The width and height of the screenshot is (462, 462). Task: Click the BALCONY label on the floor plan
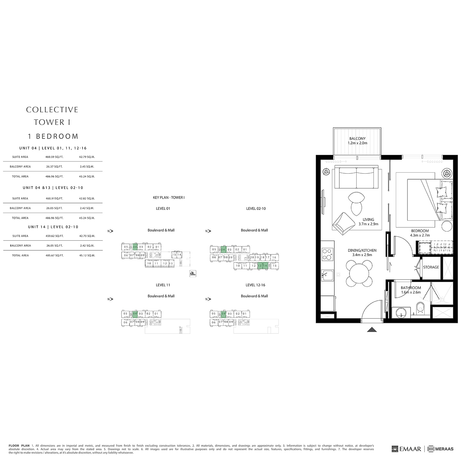coord(357,139)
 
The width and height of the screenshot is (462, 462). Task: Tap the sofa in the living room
coord(356,178)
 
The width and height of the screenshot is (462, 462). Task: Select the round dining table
coord(359,273)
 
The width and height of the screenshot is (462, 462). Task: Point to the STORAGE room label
coord(431,267)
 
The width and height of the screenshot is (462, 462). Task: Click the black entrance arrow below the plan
coord(372,329)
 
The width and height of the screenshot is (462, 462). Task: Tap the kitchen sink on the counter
coord(327,275)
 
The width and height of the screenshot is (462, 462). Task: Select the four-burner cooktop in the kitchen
coord(327,254)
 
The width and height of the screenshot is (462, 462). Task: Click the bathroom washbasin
coord(401,312)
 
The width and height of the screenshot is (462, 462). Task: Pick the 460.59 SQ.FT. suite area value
coord(54,157)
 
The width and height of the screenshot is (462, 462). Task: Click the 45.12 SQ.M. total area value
coord(87,256)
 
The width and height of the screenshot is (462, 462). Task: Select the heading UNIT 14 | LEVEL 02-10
coord(53,227)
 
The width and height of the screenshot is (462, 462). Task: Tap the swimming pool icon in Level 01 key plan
coord(193,273)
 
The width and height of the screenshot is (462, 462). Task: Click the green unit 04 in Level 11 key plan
coord(135,314)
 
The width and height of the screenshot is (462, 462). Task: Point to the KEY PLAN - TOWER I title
coord(169,198)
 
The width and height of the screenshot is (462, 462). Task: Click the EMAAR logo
coord(406,449)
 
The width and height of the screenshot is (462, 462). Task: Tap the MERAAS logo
coord(441,449)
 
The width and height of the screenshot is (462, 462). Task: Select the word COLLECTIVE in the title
coord(52,110)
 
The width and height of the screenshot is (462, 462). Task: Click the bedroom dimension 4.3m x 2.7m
coord(420,235)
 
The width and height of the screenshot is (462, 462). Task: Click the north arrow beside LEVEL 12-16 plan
coord(208,299)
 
